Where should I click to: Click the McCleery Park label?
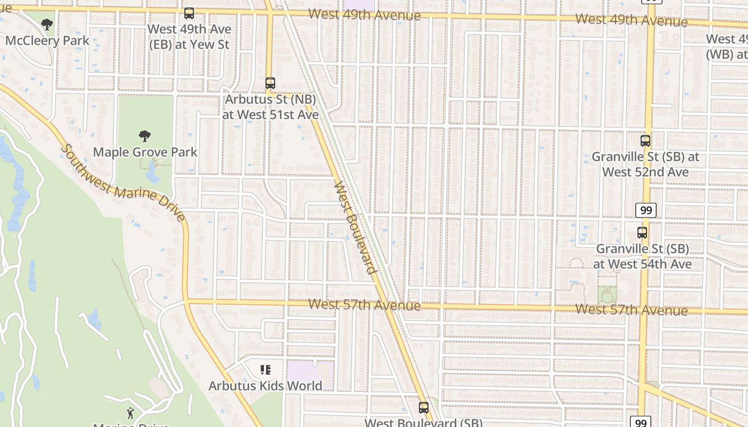coord(48,41)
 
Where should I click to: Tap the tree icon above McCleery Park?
coord(47,24)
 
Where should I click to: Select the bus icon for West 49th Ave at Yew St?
coord(189,13)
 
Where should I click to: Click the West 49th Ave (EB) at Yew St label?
coord(188,37)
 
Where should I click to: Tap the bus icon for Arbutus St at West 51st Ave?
coord(270,83)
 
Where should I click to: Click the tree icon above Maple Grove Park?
coord(145,136)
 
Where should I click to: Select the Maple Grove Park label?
coord(145,152)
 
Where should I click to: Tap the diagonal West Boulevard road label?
coord(355,227)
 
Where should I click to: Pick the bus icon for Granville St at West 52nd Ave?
coord(645,141)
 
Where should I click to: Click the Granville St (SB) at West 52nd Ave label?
coord(645,164)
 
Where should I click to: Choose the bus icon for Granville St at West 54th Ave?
coord(642,233)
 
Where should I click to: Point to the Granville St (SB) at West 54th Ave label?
coord(642,256)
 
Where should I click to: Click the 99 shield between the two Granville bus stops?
coord(646,210)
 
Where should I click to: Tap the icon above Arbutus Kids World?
coord(266,370)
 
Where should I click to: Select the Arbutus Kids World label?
coord(266,386)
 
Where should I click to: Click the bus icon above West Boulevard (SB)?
coord(424,408)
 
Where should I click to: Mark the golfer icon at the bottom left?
coord(130,413)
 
